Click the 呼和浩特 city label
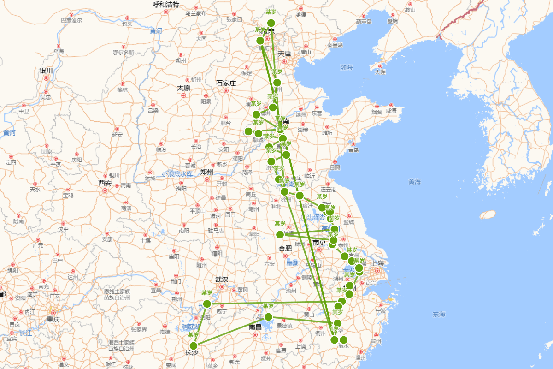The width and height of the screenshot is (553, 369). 166,5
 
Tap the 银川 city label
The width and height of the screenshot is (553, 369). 46,71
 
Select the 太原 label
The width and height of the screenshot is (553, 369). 183,88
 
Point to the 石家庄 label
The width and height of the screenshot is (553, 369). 226,83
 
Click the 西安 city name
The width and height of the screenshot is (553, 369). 105,183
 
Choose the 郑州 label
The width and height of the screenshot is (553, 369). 207,172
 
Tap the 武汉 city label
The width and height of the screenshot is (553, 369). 222,280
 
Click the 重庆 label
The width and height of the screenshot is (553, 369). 53,319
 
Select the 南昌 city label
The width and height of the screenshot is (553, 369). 255,327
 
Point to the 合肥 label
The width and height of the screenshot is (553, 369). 285,248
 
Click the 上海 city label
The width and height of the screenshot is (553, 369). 378,263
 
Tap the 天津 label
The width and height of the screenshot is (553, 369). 284,54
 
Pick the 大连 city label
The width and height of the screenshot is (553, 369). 380,72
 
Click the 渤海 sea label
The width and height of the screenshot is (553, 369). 347,67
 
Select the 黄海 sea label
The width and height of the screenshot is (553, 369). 415,182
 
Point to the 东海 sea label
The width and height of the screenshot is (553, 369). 439,315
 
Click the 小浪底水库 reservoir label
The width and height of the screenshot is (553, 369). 177,174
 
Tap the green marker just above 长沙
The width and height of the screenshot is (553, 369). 194,345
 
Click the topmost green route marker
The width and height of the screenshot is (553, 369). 271,23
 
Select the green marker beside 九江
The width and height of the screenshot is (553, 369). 268,317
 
